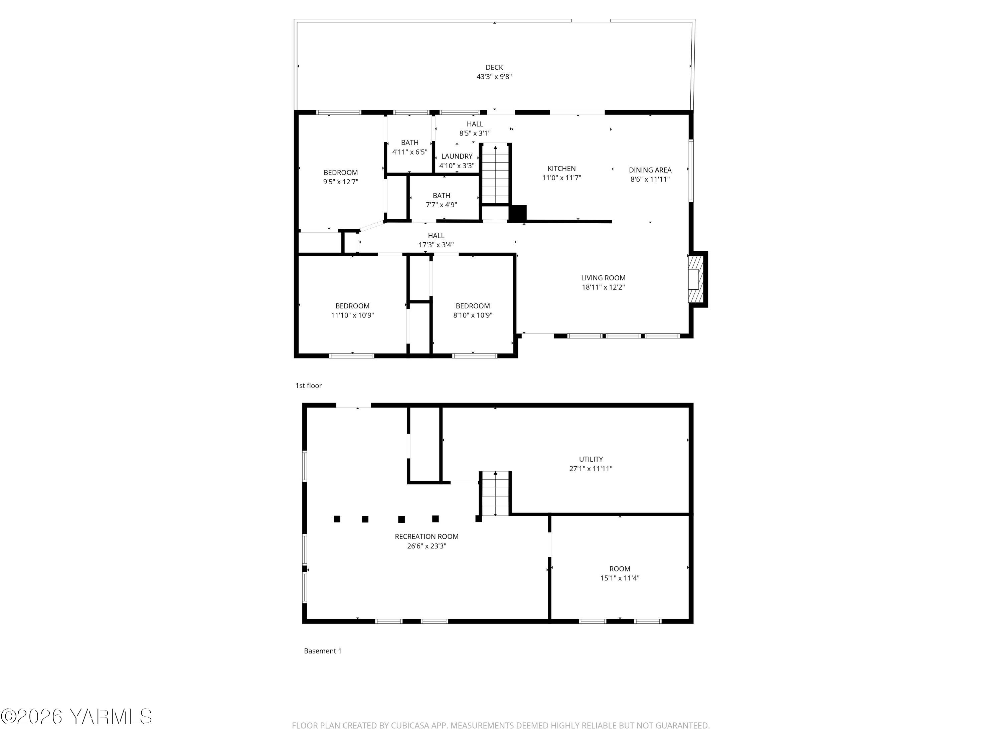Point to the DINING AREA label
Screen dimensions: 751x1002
click(x=650, y=170)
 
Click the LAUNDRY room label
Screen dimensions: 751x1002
click(x=457, y=156)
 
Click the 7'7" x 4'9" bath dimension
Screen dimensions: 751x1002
click(x=441, y=205)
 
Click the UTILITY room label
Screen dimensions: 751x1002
click(x=591, y=459)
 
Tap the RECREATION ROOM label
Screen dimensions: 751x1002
click(x=426, y=536)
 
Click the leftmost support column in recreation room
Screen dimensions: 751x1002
click(x=337, y=519)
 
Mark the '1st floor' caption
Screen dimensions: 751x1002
click(x=309, y=386)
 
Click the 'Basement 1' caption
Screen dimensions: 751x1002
click(x=323, y=651)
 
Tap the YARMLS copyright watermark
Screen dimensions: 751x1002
click(x=76, y=717)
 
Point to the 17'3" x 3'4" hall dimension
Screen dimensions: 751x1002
click(x=436, y=245)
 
